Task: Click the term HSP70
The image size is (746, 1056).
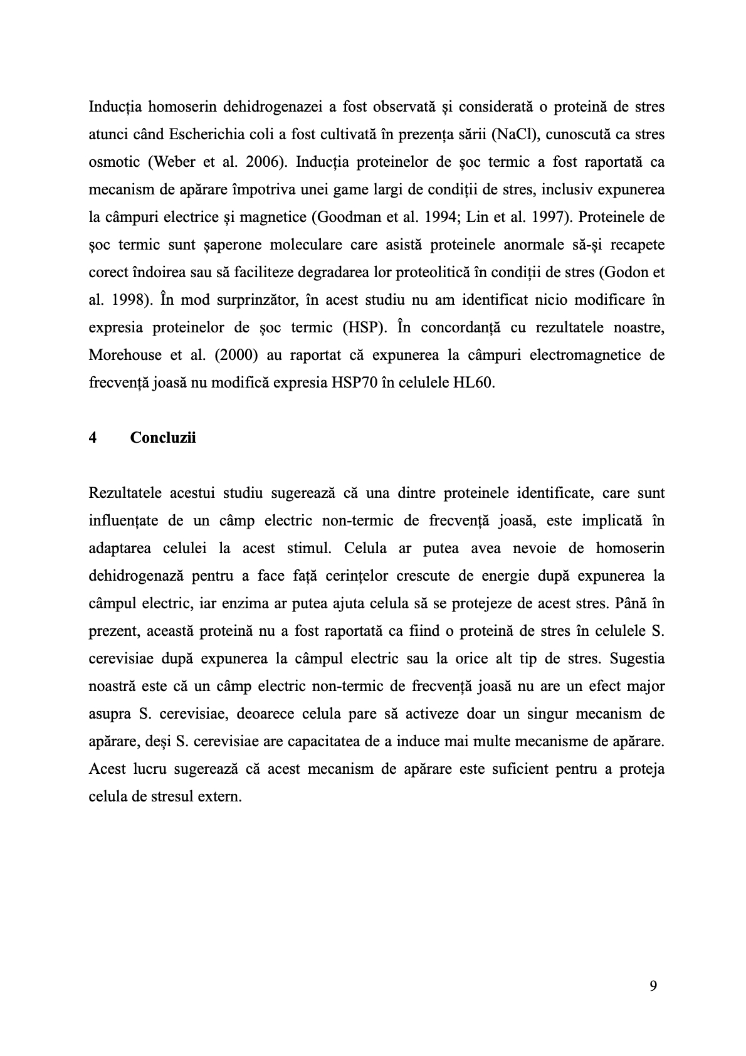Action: click(x=346, y=383)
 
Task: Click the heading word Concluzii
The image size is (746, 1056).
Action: click(x=163, y=438)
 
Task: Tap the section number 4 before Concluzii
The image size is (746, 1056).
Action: click(x=93, y=438)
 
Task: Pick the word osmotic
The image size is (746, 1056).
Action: click(x=113, y=162)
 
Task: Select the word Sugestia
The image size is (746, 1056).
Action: click(x=637, y=658)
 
